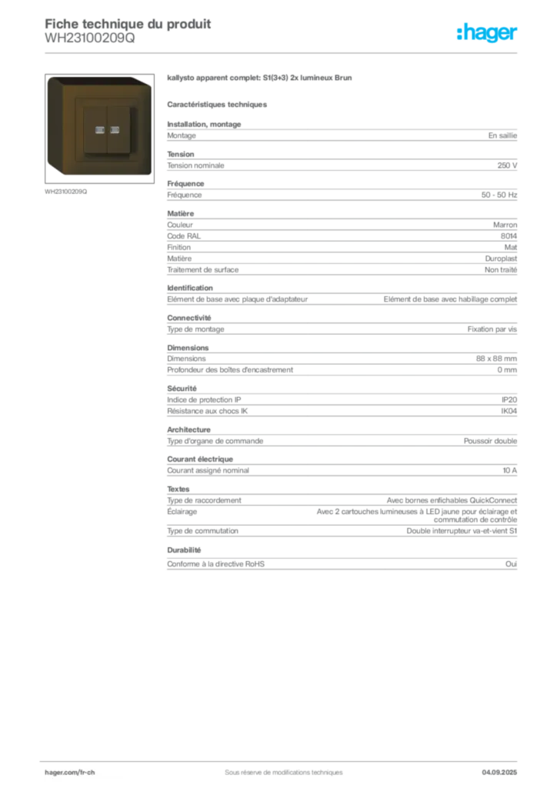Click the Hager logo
(x=486, y=32)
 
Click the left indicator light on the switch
(x=100, y=130)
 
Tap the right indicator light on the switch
(x=115, y=130)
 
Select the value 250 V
(x=507, y=165)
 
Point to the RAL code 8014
(x=509, y=235)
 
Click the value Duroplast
(x=501, y=259)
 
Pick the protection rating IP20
(x=509, y=399)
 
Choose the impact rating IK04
(x=509, y=411)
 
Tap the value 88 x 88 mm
(x=496, y=359)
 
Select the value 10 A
(x=509, y=470)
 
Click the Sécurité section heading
(x=182, y=389)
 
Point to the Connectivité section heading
(x=188, y=318)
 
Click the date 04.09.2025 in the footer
(x=499, y=773)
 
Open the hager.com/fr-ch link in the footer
(x=70, y=773)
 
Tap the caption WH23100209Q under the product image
(x=66, y=192)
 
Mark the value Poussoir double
(x=490, y=441)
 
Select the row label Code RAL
(x=184, y=235)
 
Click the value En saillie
(x=502, y=135)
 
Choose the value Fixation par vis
(x=492, y=329)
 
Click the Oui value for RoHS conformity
(x=511, y=564)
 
